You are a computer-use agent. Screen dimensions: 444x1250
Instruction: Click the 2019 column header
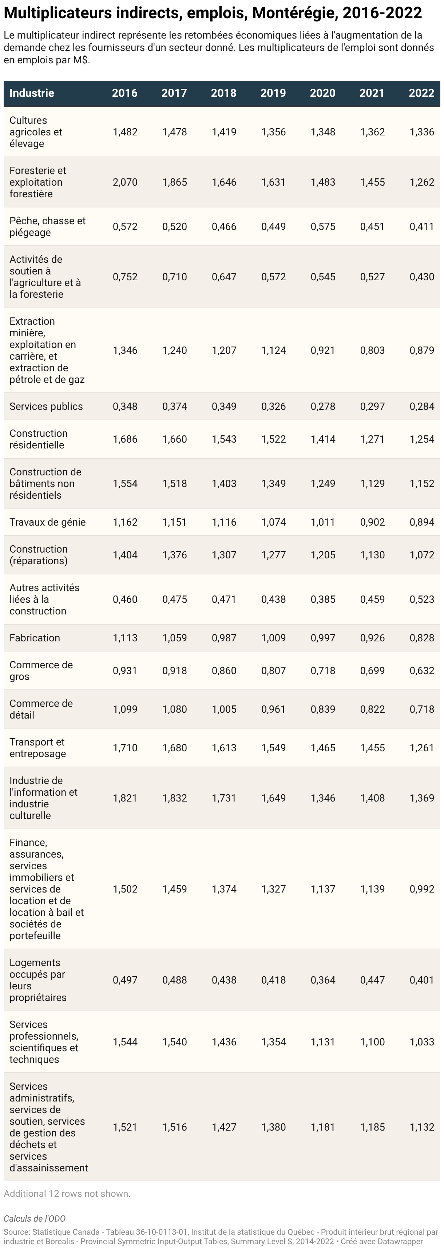[x=273, y=93]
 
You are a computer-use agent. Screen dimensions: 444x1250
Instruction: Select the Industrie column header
[x=32, y=93]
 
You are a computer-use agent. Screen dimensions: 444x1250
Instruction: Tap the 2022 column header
[x=421, y=93]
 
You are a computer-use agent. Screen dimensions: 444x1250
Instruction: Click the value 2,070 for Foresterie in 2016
[x=125, y=182]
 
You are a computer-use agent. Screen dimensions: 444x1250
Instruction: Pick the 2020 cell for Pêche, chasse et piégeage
[x=323, y=227]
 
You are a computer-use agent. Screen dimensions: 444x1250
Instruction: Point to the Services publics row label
[x=46, y=407]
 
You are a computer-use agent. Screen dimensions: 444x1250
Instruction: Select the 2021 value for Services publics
[x=372, y=407]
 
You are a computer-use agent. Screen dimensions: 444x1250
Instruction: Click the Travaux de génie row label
[x=48, y=522]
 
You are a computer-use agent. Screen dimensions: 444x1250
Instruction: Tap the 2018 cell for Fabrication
[x=224, y=638]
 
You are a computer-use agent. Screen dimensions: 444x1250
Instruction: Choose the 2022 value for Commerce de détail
[x=422, y=709]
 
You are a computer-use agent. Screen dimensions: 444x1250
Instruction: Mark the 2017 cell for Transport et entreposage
[x=175, y=748]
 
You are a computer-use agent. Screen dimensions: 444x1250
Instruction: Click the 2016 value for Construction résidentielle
[x=125, y=439]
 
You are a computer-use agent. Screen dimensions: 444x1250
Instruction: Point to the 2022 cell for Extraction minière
[x=422, y=350]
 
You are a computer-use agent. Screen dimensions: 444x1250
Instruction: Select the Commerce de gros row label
[x=41, y=671]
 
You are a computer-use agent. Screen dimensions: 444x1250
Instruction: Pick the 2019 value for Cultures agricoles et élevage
[x=273, y=132]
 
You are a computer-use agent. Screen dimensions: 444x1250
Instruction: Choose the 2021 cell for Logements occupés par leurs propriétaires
[x=372, y=980]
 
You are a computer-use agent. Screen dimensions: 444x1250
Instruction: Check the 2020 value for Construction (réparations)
[x=323, y=555]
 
